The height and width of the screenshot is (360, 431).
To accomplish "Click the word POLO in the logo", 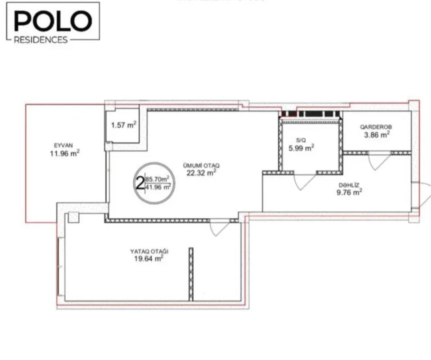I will (x=53, y=21).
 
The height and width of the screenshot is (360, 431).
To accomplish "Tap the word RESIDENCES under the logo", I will (x=41, y=40).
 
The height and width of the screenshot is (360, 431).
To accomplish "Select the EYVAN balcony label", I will (x=63, y=145).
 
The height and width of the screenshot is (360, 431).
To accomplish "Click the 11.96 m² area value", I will (x=65, y=153).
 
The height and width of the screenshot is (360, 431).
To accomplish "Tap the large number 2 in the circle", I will (x=140, y=183).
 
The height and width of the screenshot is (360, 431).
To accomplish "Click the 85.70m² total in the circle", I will (x=158, y=179).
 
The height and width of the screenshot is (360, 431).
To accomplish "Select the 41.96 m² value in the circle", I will (x=158, y=187).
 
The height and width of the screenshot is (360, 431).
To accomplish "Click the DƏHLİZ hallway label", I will (x=349, y=185).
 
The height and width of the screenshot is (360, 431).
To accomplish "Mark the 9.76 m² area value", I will (x=349, y=192).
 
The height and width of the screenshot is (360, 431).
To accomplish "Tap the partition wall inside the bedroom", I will (x=191, y=274).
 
